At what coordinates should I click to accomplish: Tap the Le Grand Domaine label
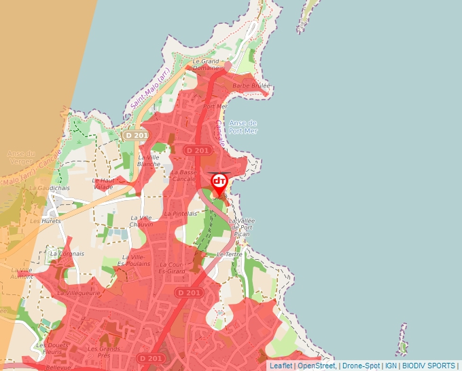tap(206, 64)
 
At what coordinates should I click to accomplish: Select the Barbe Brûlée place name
tap(251, 86)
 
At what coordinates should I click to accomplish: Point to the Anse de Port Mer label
tap(243, 127)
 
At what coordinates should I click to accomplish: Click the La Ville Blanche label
tap(149, 160)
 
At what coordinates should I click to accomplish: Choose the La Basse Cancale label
tap(183, 176)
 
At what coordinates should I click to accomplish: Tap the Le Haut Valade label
tap(103, 184)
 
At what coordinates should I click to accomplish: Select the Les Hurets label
tap(46, 220)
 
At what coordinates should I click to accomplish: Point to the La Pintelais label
tap(180, 213)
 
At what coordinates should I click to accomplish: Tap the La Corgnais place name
tap(67, 254)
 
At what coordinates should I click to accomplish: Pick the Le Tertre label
tap(230, 254)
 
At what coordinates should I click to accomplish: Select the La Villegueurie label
tap(79, 293)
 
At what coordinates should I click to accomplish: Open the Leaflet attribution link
tap(281, 366)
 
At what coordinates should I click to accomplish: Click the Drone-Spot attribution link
tap(361, 366)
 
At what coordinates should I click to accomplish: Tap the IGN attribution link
tap(391, 366)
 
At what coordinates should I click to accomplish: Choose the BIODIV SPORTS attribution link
tap(428, 366)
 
